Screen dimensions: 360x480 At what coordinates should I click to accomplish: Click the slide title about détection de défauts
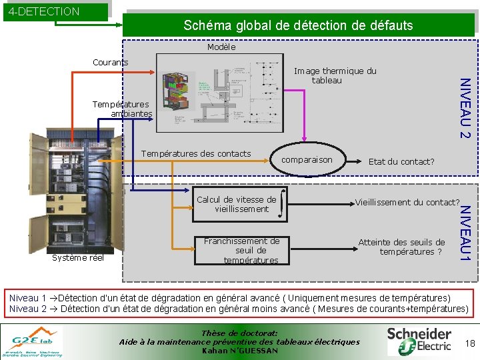[x=298, y=26]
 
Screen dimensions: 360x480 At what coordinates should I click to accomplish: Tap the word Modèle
[x=221, y=47]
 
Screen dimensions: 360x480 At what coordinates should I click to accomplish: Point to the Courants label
[x=111, y=63]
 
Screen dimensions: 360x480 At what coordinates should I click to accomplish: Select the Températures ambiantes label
[x=122, y=109]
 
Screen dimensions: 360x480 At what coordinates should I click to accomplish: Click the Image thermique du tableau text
[x=335, y=75]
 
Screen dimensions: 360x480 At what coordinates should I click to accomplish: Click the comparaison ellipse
[x=307, y=160]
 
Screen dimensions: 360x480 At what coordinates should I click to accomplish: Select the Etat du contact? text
[x=401, y=161]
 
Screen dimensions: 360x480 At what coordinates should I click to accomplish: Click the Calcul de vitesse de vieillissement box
[x=236, y=204]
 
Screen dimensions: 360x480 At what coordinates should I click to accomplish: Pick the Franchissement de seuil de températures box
[x=242, y=251]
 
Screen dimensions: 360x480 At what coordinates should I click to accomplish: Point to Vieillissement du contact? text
[x=407, y=202]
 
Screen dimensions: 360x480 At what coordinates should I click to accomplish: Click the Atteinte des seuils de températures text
[x=401, y=247]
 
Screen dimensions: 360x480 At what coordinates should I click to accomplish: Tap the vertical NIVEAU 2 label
[x=466, y=108]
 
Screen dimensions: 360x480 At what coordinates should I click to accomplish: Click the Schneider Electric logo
[x=419, y=340]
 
